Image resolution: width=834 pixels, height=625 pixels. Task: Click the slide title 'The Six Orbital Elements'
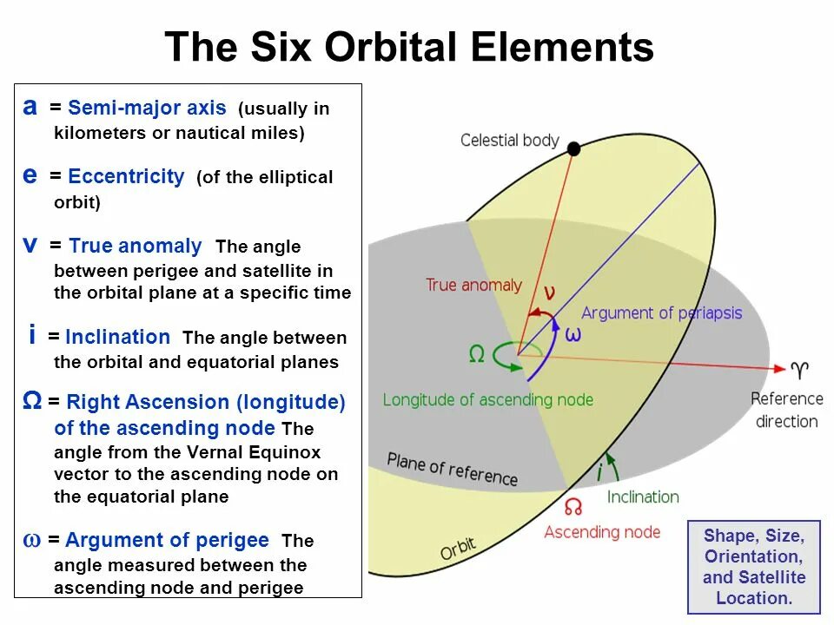pyautogui.click(x=408, y=46)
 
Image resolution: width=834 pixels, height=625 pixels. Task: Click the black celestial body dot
pyautogui.click(x=573, y=148)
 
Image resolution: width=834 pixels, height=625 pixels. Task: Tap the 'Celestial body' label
pyautogui.click(x=509, y=140)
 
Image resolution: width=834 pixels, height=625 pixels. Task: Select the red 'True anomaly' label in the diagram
pyautogui.click(x=473, y=285)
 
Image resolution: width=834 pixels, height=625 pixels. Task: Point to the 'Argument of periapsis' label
pyautogui.click(x=662, y=312)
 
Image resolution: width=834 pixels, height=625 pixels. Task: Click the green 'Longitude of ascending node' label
pyautogui.click(x=487, y=399)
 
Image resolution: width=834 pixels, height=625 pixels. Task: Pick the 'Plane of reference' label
pyautogui.click(x=452, y=469)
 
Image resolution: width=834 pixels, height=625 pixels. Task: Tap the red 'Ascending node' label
pyautogui.click(x=601, y=531)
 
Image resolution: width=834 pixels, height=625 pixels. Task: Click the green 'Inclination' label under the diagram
pyautogui.click(x=643, y=497)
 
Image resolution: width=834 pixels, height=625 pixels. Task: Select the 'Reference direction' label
pyautogui.click(x=786, y=410)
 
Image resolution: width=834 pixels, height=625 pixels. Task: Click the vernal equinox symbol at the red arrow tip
pyautogui.click(x=800, y=371)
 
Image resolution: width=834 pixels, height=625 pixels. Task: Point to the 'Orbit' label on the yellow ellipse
pyautogui.click(x=457, y=549)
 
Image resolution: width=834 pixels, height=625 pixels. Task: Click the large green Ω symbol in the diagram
pyautogui.click(x=476, y=353)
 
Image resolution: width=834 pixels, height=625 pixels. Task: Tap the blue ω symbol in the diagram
pyautogui.click(x=573, y=334)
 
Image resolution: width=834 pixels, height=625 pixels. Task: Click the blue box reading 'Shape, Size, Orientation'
pyautogui.click(x=753, y=566)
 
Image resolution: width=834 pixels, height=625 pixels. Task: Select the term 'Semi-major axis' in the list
pyautogui.click(x=147, y=109)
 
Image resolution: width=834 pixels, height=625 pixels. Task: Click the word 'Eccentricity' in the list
pyautogui.click(x=126, y=177)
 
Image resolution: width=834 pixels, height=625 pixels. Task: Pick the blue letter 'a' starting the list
pyautogui.click(x=30, y=107)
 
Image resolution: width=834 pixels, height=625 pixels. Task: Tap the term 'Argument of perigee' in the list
pyautogui.click(x=167, y=540)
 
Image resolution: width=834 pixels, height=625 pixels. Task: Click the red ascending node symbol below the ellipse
pyautogui.click(x=573, y=506)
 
